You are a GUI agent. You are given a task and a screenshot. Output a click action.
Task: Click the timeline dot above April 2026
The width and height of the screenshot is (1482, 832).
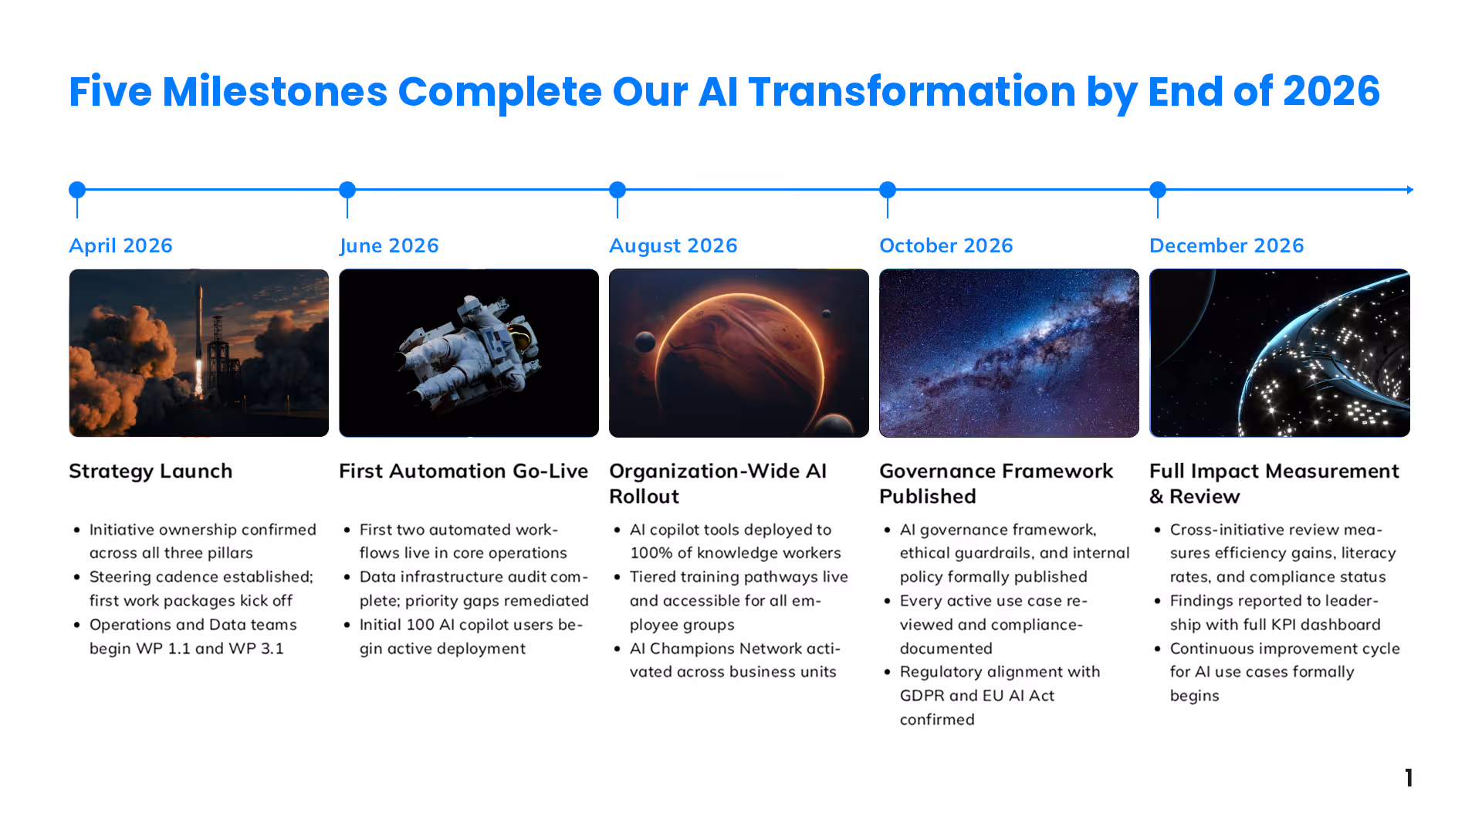click(77, 190)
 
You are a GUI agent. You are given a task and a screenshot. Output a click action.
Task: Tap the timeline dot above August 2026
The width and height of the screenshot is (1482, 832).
click(617, 190)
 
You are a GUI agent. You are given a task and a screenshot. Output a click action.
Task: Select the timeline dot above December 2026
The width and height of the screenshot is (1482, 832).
click(1158, 190)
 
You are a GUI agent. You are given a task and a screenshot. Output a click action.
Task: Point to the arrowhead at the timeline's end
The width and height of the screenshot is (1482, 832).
click(1410, 190)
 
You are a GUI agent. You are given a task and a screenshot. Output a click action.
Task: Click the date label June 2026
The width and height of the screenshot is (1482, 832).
click(389, 245)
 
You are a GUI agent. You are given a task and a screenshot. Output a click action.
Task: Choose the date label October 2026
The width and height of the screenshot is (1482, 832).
click(946, 245)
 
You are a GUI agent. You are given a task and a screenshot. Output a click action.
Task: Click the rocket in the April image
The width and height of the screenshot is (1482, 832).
click(200, 340)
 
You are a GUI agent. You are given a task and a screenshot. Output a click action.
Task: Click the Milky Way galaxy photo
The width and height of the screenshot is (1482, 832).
click(1009, 353)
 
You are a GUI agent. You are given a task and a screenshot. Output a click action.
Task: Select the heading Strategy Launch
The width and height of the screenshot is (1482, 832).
click(151, 471)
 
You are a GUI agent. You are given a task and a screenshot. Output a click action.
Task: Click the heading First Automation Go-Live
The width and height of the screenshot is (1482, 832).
click(463, 471)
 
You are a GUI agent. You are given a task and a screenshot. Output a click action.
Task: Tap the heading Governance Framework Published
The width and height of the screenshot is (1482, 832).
click(996, 484)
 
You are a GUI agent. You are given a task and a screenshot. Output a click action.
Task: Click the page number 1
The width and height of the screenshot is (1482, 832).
click(1409, 778)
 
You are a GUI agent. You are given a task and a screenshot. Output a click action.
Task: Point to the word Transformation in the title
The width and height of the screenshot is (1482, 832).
click(912, 91)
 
